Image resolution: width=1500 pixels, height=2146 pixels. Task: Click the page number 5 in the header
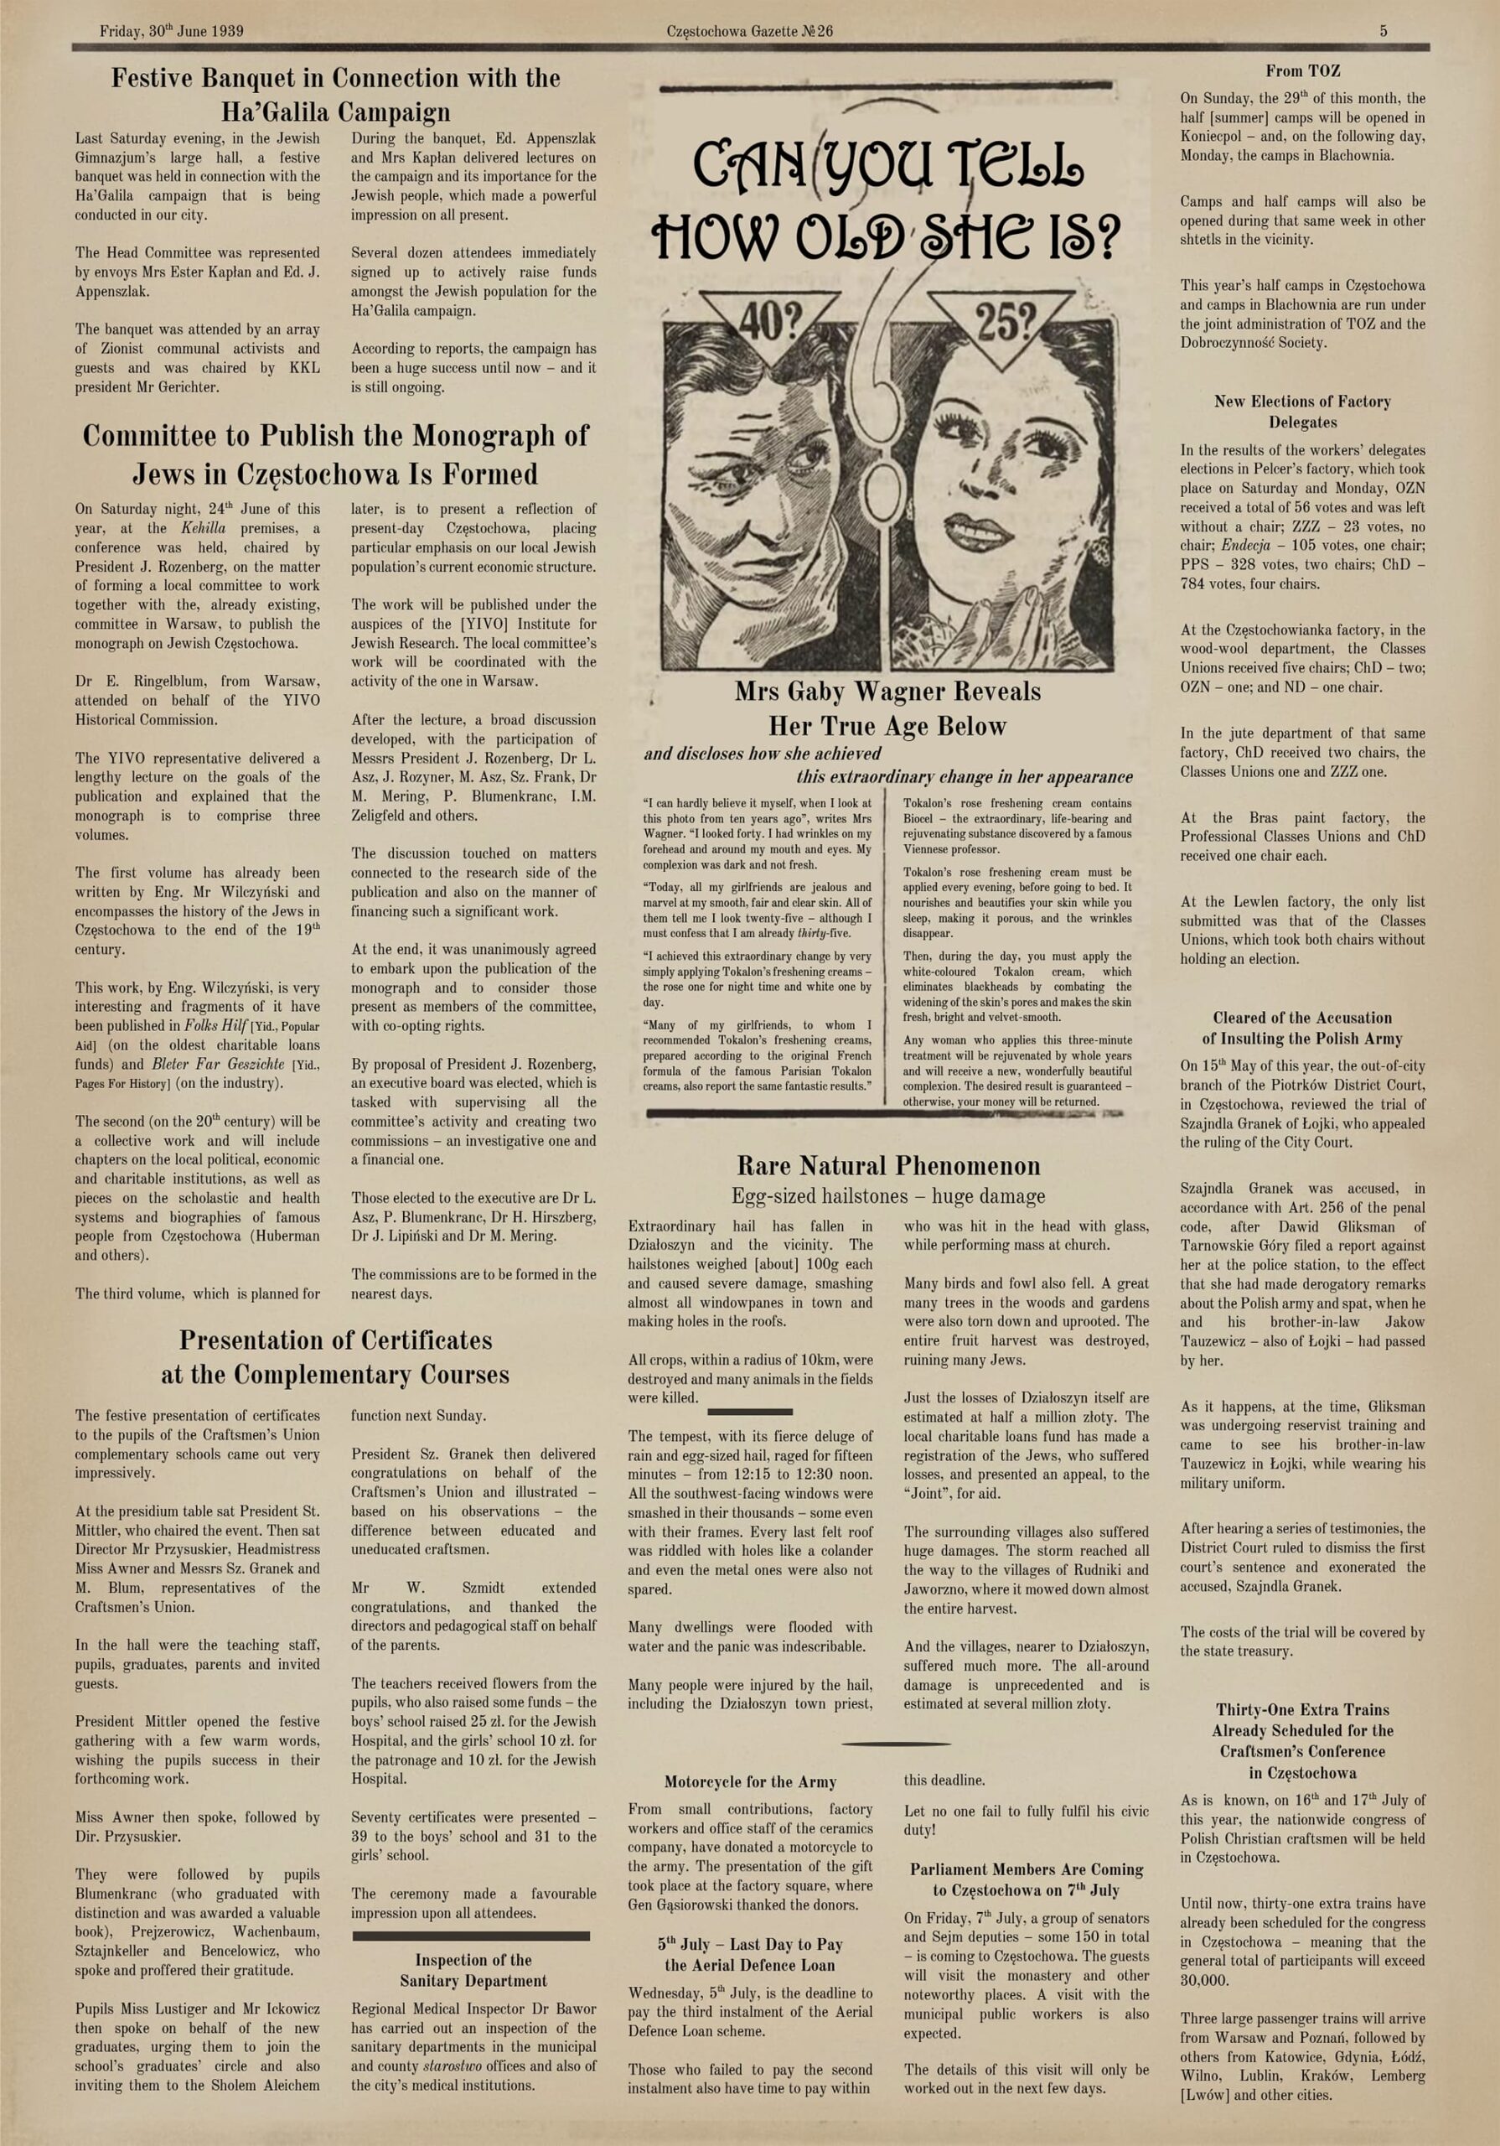pyautogui.click(x=1384, y=31)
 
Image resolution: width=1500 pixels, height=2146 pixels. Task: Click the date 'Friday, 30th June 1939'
pyautogui.click(x=171, y=31)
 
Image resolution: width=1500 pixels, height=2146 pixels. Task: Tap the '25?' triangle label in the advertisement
pyautogui.click(x=1005, y=322)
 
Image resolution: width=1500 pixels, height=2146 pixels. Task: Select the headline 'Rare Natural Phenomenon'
pyautogui.click(x=888, y=1165)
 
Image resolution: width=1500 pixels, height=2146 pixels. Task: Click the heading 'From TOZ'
pyautogui.click(x=1303, y=71)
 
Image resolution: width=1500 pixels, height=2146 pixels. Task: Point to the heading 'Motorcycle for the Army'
pyautogui.click(x=749, y=1781)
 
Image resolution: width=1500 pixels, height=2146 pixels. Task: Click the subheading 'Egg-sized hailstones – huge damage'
pyautogui.click(x=888, y=1196)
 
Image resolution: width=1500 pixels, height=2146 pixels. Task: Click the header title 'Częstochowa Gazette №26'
pyautogui.click(x=749, y=31)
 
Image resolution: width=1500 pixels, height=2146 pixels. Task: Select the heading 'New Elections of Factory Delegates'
pyautogui.click(x=1302, y=412)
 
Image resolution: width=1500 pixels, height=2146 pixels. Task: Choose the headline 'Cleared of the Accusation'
pyautogui.click(x=1302, y=1018)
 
